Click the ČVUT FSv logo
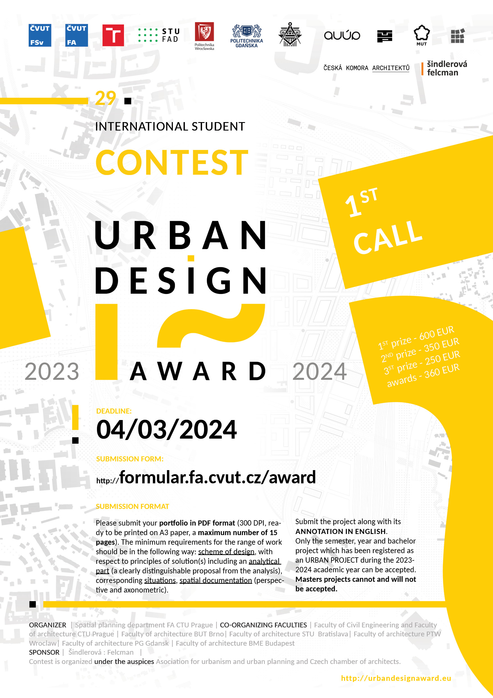tap(40, 35)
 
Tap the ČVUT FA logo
tap(76, 35)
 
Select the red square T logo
tap(113, 35)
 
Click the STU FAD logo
tap(159, 35)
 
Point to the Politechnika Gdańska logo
tap(246, 36)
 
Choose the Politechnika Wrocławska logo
tap(204, 36)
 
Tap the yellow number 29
tap(105, 98)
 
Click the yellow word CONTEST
tap(172, 162)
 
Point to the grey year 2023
tap(52, 371)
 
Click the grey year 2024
tap(320, 371)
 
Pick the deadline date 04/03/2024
tap(166, 430)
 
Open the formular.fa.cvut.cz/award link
tap(206, 477)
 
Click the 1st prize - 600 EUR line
tap(416, 338)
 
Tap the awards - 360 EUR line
tap(423, 376)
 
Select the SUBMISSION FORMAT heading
tap(132, 506)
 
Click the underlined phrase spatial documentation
tap(216, 580)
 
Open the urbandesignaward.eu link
tap(396, 678)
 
